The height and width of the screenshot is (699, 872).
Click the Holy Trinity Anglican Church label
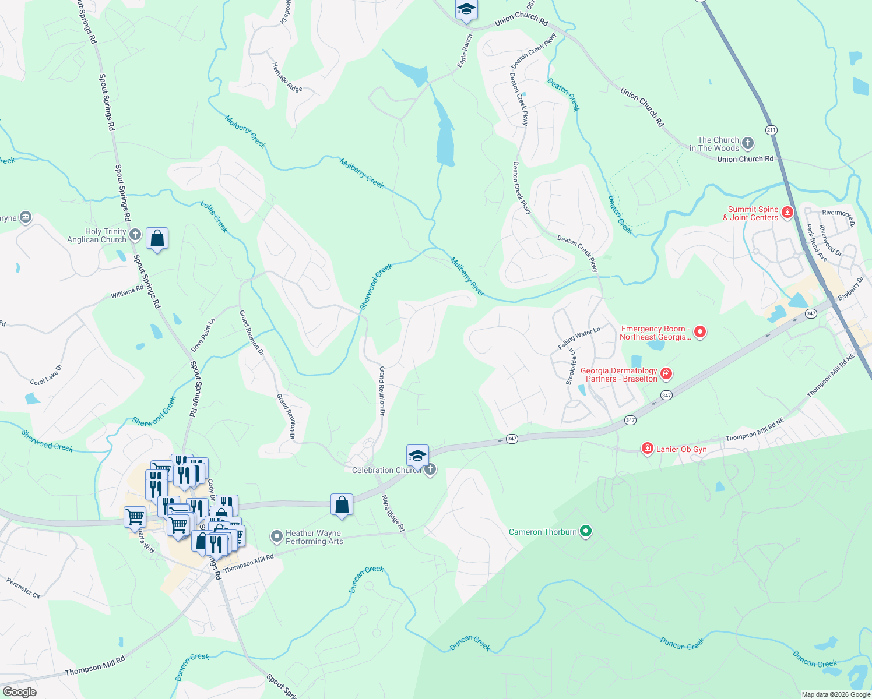coord(97,235)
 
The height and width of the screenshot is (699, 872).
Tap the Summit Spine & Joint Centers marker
coord(787,213)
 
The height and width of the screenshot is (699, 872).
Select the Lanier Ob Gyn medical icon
coord(647,448)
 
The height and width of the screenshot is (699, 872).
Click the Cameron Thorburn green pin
coord(586,531)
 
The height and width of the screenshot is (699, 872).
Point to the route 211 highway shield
coord(772,129)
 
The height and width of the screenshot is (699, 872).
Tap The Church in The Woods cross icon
coord(748,143)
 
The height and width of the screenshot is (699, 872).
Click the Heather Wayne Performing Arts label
coord(314,537)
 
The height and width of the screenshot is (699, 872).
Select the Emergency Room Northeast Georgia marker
coord(700,332)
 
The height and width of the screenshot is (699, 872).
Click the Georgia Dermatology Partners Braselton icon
coord(666,373)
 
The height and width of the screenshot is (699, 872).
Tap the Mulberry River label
coord(467,276)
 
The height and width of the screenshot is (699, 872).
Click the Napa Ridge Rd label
coord(393,513)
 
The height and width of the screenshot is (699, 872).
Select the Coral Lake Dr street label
coord(45,375)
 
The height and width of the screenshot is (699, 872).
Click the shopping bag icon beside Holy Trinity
coord(157,238)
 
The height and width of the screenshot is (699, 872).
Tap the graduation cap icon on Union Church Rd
coord(466,10)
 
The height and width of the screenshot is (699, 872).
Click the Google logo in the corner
coord(20,692)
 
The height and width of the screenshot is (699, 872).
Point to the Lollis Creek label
coord(214,216)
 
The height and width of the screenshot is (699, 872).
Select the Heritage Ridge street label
coord(287,77)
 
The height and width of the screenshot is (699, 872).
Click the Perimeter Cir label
coord(23,588)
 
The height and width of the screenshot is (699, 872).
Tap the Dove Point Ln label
coord(203,335)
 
